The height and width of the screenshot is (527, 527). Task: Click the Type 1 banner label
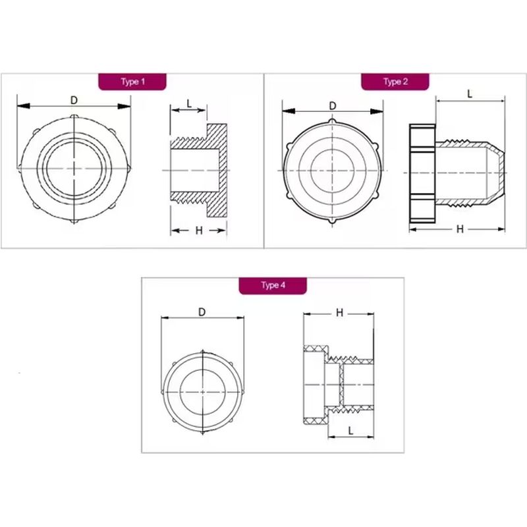133,82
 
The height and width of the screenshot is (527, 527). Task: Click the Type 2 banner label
396,82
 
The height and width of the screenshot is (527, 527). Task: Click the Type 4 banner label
273,285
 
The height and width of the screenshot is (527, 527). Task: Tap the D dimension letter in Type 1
74,100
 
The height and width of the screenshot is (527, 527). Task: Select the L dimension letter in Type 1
189,104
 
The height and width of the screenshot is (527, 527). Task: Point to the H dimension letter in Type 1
199,231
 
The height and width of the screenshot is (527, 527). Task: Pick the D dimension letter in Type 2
333,106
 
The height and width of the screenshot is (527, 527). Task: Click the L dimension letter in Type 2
470,94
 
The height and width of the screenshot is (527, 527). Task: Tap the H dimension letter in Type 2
460,229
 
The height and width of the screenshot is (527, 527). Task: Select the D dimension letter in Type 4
202,312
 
